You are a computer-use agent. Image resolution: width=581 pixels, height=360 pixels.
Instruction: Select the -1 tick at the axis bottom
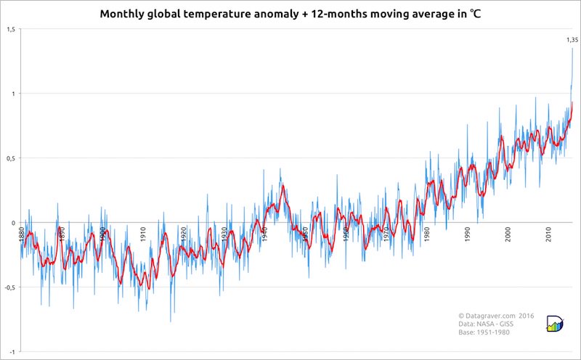pyautogui.click(x=12, y=351)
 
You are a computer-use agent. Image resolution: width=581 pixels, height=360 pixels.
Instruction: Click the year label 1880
pyautogui.click(x=23, y=234)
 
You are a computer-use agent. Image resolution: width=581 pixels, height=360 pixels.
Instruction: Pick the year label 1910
pyautogui.click(x=143, y=234)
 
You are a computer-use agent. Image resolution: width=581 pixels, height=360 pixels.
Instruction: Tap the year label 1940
pyautogui.click(x=265, y=234)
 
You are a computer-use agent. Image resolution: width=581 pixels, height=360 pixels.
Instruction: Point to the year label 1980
pyautogui.click(x=426, y=234)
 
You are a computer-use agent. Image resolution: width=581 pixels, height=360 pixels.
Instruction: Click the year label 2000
pyautogui.click(x=508, y=234)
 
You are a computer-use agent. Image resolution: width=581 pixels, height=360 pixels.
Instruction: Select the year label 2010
pyautogui.click(x=548, y=234)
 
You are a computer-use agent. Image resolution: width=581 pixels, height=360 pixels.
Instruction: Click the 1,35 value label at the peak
pyautogui.click(x=572, y=41)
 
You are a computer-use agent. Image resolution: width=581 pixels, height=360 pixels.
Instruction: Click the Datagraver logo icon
pyautogui.click(x=555, y=324)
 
